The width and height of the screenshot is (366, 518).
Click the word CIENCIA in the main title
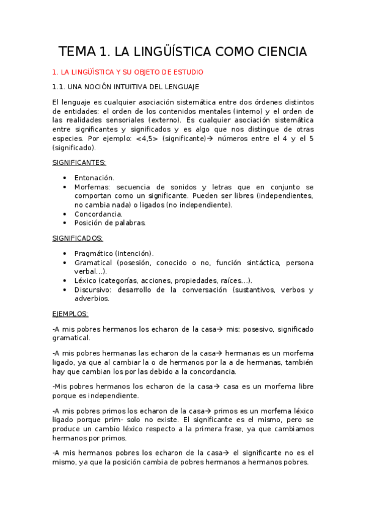click(x=274, y=51)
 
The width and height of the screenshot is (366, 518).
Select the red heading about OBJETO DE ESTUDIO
click(x=132, y=71)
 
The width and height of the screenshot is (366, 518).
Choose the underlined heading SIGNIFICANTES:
click(x=79, y=162)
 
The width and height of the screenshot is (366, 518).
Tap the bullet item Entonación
click(x=94, y=177)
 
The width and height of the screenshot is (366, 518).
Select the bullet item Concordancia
click(x=98, y=214)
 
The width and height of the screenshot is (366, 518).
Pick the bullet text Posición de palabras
click(x=110, y=223)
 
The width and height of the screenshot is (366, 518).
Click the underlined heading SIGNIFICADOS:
click(x=77, y=238)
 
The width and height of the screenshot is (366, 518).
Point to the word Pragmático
click(x=94, y=253)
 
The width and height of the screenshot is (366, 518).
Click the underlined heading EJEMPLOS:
click(x=70, y=314)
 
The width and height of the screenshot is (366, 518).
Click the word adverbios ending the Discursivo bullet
click(x=92, y=299)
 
